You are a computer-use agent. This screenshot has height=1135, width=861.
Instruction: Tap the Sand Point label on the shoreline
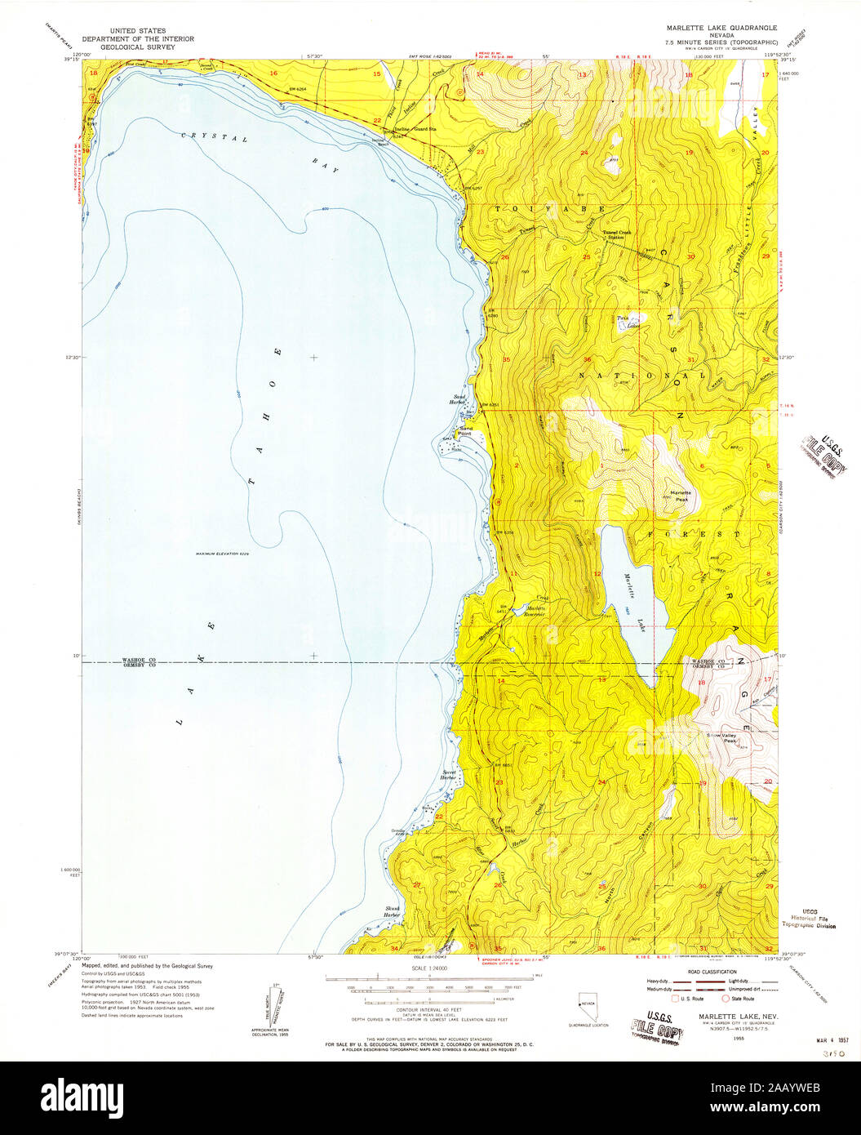tap(466, 429)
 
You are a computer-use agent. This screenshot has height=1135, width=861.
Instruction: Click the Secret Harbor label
tap(449, 775)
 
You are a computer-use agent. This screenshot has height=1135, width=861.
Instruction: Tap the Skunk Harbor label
tap(393, 910)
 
